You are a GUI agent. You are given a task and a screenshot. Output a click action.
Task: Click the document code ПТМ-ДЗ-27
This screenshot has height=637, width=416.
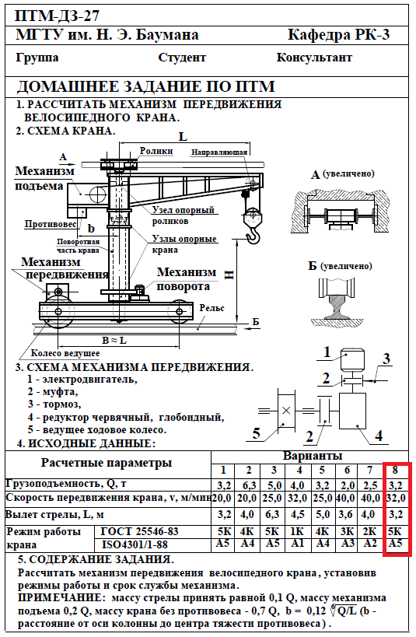tap(57, 16)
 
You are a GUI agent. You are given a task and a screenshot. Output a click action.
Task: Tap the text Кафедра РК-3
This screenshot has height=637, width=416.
tap(338, 34)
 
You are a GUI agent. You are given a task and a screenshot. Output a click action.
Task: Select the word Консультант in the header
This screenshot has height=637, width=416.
tap(314, 58)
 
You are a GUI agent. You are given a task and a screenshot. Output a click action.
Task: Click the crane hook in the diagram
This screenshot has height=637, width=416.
tap(253, 236)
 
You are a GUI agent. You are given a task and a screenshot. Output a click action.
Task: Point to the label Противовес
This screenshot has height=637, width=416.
tap(51, 224)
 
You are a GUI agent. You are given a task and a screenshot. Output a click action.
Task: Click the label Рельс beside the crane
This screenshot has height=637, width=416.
tap(212, 308)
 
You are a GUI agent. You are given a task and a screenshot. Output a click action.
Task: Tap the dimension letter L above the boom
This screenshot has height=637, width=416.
tap(184, 136)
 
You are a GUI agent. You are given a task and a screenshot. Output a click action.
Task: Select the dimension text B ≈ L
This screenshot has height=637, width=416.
tap(114, 340)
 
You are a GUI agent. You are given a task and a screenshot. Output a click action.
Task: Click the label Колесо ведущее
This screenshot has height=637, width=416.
tap(65, 353)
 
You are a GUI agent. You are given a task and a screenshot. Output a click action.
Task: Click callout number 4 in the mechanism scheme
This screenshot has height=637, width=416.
tap(379, 436)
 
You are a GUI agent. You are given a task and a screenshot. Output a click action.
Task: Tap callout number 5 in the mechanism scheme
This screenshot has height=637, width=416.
tap(256, 433)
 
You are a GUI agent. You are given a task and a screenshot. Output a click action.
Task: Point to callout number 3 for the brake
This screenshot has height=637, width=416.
tap(386, 359)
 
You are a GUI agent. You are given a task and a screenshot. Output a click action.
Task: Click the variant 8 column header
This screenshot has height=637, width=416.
tap(395, 471)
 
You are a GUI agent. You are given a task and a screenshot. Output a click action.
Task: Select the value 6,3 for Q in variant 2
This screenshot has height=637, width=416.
tap(249, 485)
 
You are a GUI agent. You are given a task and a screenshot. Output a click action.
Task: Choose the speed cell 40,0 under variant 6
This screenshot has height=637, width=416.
tap(347, 498)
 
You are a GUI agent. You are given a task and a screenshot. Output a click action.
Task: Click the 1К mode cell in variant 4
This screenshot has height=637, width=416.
tap(298, 531)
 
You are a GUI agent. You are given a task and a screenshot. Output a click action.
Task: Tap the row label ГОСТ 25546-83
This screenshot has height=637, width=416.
tap(139, 531)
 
